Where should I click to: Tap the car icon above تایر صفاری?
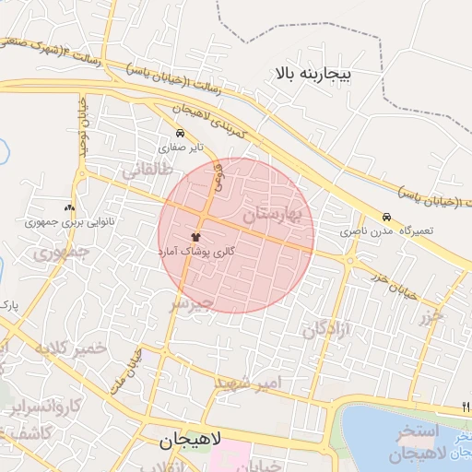pos(179,134)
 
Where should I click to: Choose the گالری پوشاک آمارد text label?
pos(195,251)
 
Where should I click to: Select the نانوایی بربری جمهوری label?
pos(56,222)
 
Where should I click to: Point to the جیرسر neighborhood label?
pos(193,301)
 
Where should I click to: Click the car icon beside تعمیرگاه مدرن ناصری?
pos(387,218)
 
